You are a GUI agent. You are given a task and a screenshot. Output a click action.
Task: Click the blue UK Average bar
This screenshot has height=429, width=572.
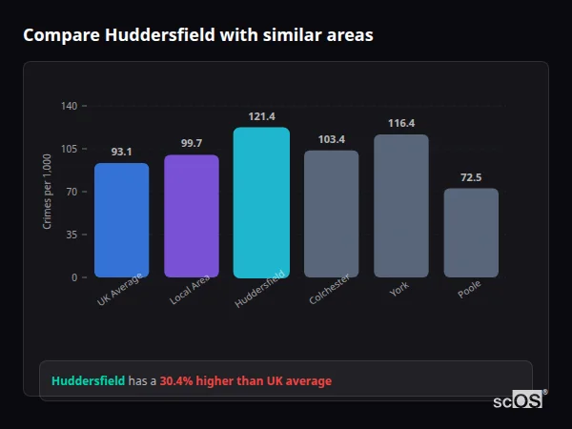coord(121,220)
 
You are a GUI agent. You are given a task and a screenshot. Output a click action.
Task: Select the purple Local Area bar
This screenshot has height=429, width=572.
coord(191,216)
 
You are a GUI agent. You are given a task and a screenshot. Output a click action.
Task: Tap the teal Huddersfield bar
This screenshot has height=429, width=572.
coord(261,202)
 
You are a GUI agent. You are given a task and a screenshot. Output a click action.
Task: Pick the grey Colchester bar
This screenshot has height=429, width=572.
coord(331,214)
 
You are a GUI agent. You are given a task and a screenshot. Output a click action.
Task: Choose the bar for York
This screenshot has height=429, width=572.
coord(401,206)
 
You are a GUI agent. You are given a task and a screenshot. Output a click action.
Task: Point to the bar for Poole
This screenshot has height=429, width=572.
coord(471,233)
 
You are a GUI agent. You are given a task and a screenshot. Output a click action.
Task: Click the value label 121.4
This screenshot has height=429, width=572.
coord(261,116)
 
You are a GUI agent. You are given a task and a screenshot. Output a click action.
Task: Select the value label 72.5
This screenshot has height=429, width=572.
coord(471,177)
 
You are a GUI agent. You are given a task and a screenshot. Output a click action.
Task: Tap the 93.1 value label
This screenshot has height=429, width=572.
coord(121,152)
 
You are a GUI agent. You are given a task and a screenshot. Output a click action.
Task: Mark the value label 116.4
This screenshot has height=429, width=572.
coord(401,123)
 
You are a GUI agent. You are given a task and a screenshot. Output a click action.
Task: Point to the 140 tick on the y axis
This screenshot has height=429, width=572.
coord(69,106)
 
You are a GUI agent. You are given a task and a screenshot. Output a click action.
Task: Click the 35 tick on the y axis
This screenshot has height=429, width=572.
coord(71,235)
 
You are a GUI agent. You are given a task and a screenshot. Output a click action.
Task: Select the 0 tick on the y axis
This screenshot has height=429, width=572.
coord(74,277)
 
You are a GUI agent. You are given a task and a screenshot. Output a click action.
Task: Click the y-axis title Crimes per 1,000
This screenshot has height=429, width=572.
coord(48,192)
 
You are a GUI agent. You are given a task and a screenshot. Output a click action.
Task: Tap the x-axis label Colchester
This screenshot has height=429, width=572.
coord(330,289)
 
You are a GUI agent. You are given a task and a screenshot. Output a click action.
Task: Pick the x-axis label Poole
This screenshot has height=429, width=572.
coord(469,289)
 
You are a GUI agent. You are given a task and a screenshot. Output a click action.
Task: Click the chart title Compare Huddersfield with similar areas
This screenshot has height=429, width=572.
coord(198,35)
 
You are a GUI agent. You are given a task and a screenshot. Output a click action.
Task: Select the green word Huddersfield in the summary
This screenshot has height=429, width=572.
coord(88,380)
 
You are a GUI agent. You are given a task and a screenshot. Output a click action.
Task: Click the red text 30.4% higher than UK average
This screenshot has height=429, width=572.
coord(246,380)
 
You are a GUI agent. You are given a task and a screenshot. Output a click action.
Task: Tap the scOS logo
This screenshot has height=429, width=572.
coord(519,401)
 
